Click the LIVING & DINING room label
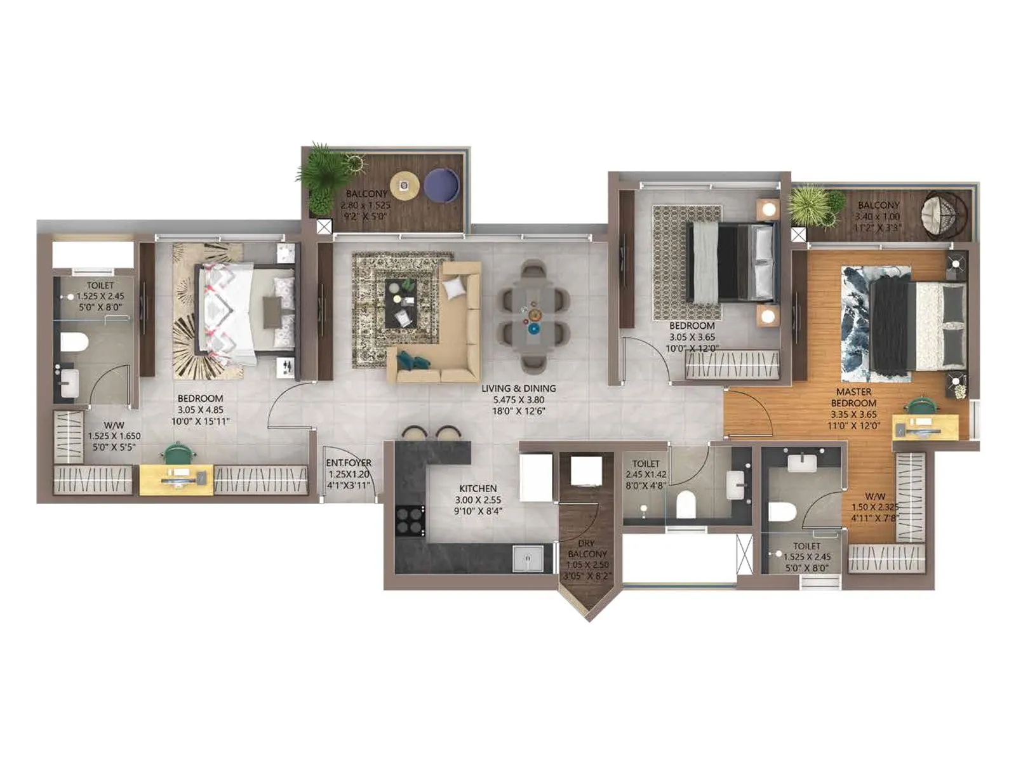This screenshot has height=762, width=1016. click(x=518, y=388)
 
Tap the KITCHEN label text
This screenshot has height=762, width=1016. click(x=478, y=488)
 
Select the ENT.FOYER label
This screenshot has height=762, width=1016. click(x=348, y=463)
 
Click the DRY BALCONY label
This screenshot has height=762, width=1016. click(x=587, y=549)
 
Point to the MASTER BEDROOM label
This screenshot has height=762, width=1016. click(x=853, y=398)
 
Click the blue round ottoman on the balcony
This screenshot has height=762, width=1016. click(x=441, y=185)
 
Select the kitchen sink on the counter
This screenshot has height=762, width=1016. click(x=527, y=559)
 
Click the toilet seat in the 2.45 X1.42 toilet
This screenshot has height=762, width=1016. click(x=686, y=505)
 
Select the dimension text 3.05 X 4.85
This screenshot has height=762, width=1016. click(x=200, y=410)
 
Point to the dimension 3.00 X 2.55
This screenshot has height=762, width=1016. click(x=478, y=500)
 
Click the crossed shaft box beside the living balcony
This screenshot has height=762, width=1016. click(x=324, y=227)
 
